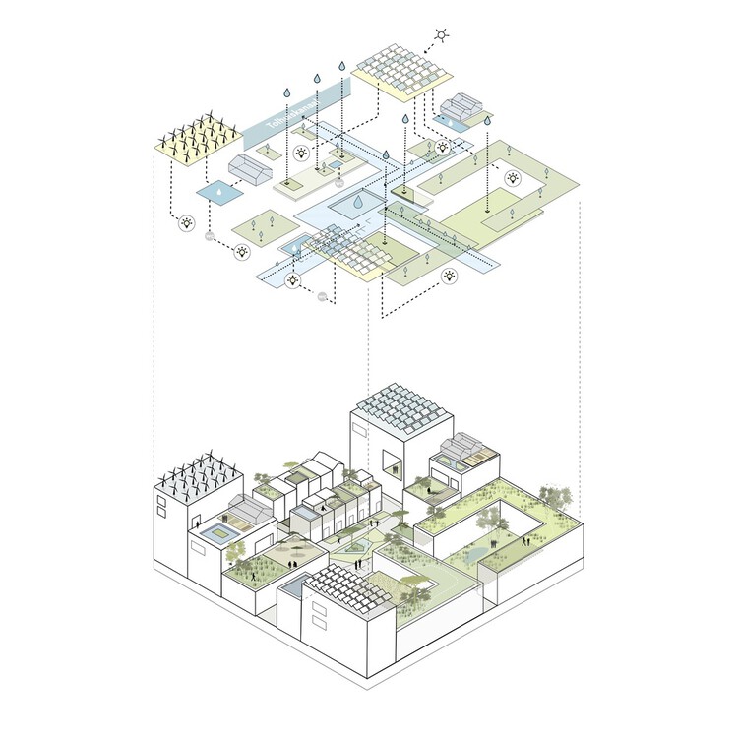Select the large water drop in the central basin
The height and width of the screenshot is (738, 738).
(x=359, y=203)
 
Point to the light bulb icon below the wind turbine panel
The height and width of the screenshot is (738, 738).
(x=186, y=224)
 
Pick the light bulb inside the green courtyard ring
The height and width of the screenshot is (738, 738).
(x=514, y=179)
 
